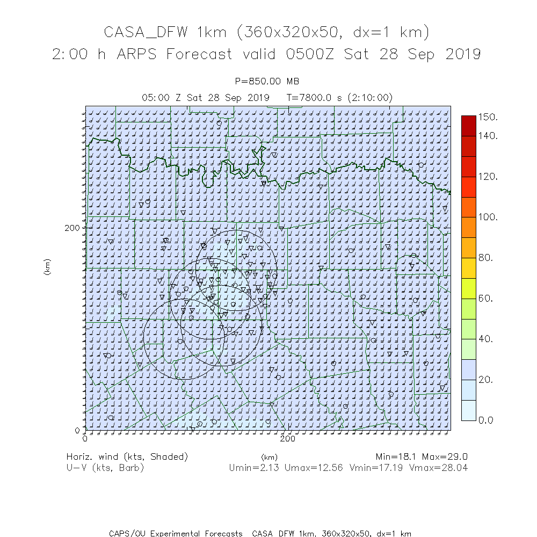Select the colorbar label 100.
[489, 217]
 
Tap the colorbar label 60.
[486, 298]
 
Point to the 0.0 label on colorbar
[486, 420]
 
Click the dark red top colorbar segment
[468, 125]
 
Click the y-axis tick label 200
[72, 227]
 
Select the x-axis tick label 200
[288, 439]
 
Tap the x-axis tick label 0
[85, 439]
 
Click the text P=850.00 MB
[267, 82]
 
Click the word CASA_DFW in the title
[145, 32]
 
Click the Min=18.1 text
[397, 457]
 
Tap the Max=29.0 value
[445, 457]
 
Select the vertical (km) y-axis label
[47, 267]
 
